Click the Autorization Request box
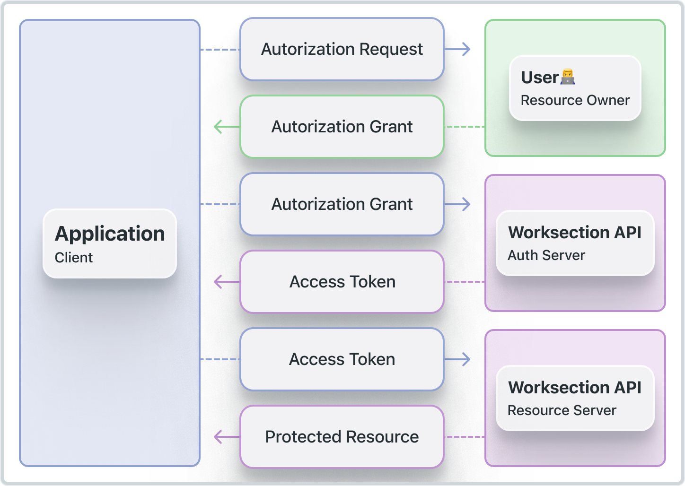pos(342,49)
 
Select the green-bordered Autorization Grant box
pos(342,127)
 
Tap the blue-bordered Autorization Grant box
pos(342,204)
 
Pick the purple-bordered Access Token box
pos(342,282)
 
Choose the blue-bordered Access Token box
pos(342,359)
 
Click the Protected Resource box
pos(342,437)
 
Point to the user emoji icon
pos(568,77)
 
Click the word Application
pos(110,234)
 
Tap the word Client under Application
pos(74,258)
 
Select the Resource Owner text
pos(575,100)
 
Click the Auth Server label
pos(546,255)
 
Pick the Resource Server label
pos(562,410)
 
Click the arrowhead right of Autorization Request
pos(466,49)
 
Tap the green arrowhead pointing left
pos(218,127)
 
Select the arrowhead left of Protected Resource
pos(218,437)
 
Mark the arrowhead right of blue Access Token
pos(466,359)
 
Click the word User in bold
pos(540,78)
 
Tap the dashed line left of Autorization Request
pos(220,49)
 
